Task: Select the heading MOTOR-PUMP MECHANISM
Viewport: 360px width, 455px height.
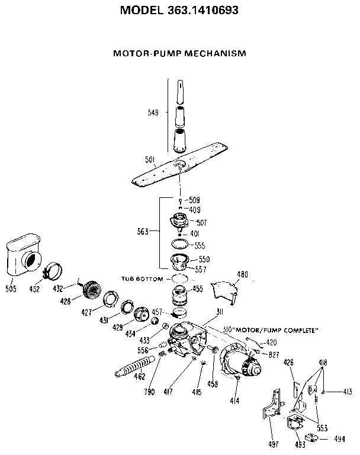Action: pos(179,53)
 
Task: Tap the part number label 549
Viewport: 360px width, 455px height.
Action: pos(153,112)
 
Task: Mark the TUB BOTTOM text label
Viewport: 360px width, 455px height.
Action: pos(142,278)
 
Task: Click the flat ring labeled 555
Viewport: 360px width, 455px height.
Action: pos(179,243)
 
